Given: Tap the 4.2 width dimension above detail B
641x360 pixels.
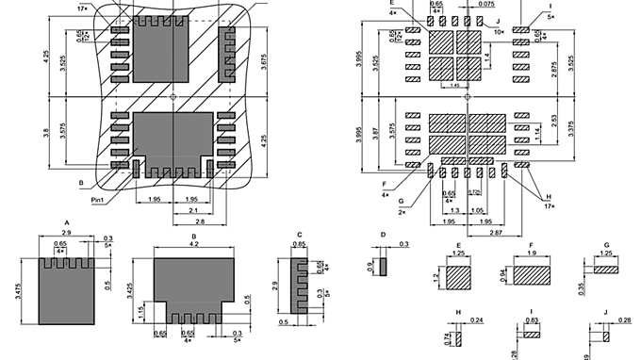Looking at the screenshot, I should [x=192, y=245].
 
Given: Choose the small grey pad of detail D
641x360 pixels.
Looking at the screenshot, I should [x=383, y=267].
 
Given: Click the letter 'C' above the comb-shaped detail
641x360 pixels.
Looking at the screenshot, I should [x=299, y=235].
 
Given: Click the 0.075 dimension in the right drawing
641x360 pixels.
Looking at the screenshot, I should [x=485, y=4].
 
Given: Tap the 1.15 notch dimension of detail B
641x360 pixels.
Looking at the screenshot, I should [x=142, y=311].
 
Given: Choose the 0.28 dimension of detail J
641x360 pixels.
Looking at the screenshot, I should [x=624, y=321].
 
